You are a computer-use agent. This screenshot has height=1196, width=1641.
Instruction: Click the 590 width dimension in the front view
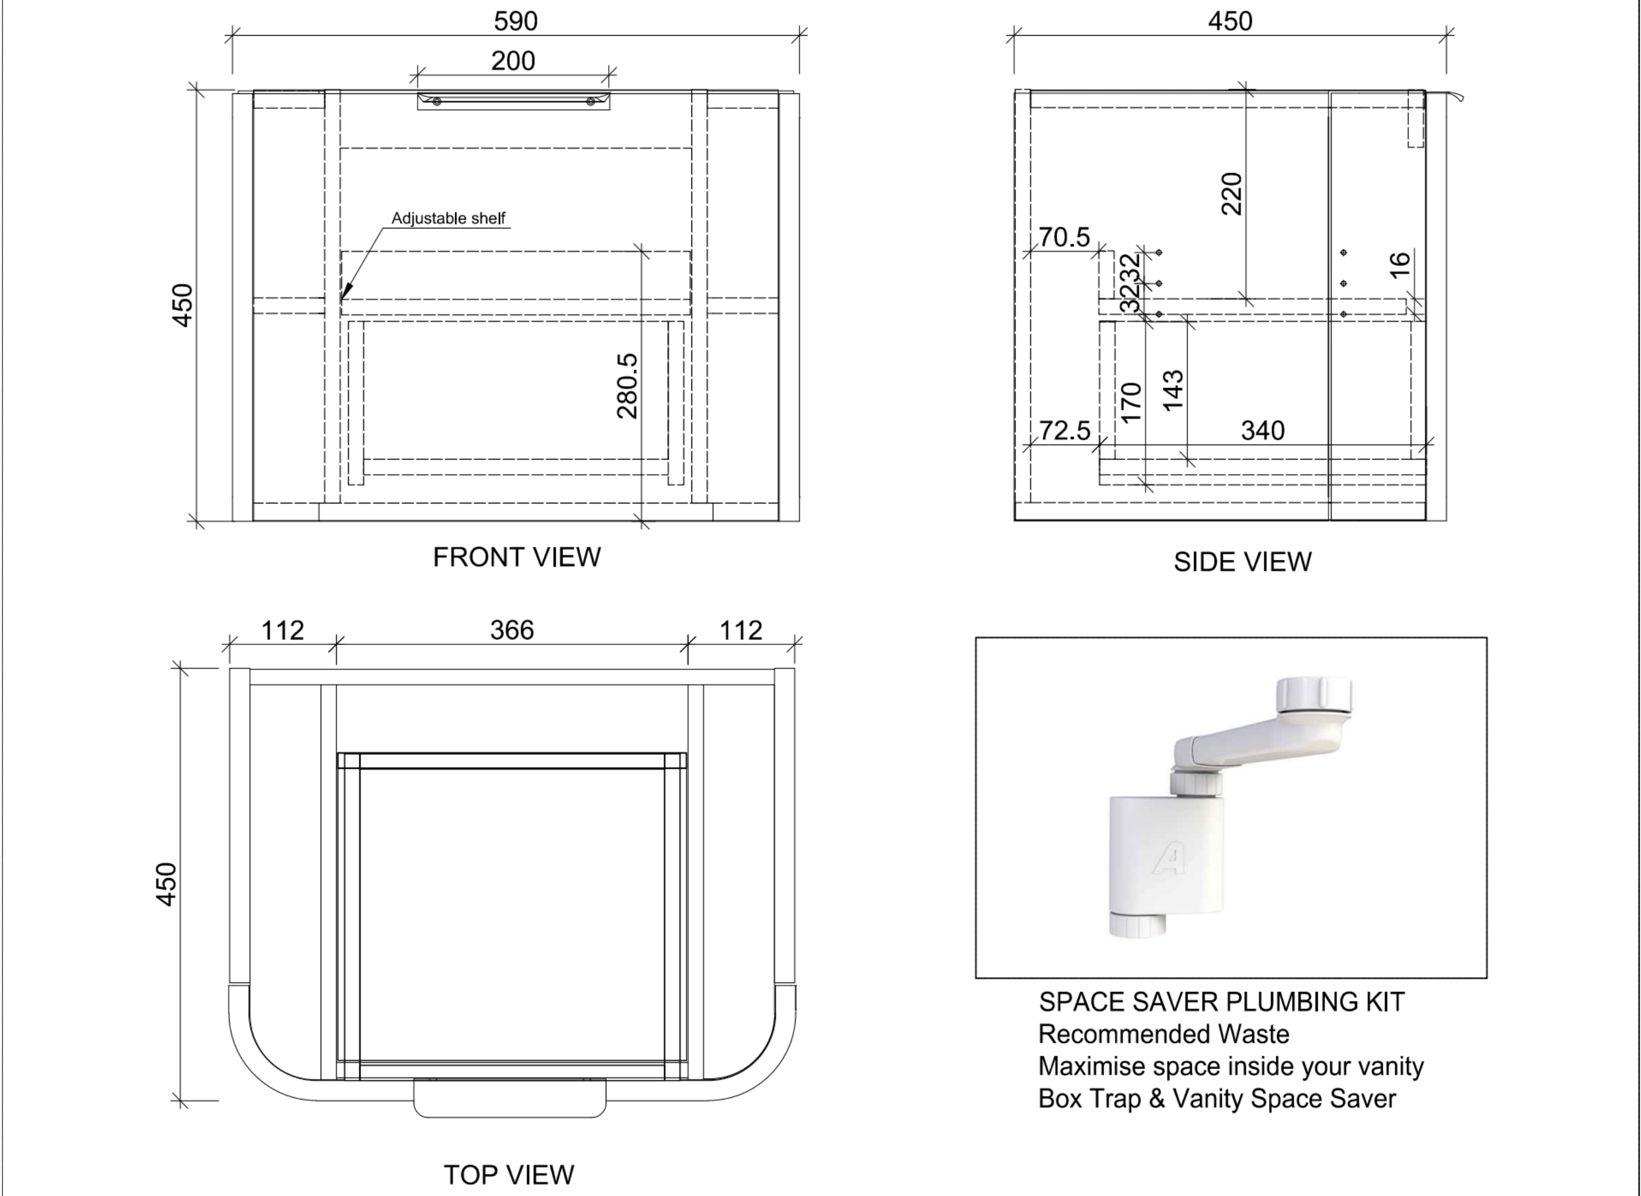(515, 21)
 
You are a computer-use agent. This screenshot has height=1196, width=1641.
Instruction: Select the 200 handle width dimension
(513, 61)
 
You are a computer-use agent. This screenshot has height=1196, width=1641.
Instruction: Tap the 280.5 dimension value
(628, 386)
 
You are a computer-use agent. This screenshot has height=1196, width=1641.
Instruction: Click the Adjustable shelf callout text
(448, 218)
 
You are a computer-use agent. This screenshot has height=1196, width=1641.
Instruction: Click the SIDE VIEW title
(1242, 562)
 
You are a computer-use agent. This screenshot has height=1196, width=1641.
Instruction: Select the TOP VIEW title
(508, 1174)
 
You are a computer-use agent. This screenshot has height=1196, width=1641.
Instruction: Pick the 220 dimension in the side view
(1231, 194)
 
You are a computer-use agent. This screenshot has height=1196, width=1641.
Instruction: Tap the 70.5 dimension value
(1064, 237)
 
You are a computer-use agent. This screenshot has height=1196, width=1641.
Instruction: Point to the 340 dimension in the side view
(1263, 431)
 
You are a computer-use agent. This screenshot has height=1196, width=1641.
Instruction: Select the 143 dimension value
(1173, 390)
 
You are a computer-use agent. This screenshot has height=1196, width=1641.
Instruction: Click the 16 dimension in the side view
(1400, 264)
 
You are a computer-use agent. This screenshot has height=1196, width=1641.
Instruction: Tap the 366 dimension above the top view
(512, 630)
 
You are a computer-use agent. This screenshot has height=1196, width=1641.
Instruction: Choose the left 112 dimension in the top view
(282, 630)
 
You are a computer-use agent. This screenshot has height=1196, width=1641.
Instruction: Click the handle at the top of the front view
(513, 101)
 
